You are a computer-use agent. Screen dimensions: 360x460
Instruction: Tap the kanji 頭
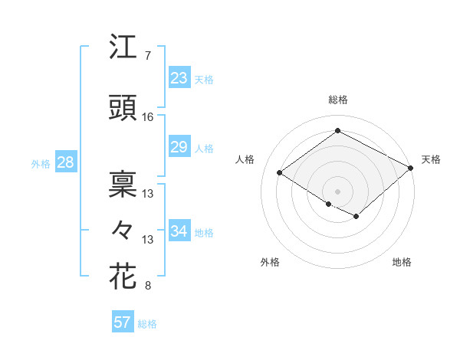123,110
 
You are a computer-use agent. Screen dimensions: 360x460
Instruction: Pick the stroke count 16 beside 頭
148,118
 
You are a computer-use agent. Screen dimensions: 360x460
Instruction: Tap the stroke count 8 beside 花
147,286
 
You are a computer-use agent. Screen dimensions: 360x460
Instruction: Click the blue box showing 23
179,77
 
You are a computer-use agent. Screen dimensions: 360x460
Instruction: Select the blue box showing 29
179,147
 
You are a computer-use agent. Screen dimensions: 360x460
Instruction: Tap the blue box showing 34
179,231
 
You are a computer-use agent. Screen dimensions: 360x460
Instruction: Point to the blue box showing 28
65,162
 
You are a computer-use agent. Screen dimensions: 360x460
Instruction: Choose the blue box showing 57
123,322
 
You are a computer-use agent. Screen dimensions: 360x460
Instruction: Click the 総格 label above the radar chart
337,100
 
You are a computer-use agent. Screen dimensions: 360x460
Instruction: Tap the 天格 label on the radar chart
431,159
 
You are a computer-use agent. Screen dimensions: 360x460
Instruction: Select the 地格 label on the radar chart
402,262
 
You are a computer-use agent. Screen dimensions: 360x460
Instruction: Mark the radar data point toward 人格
280,173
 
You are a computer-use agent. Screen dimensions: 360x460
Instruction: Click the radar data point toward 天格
411,168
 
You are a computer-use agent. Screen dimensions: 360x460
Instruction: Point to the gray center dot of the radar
337,191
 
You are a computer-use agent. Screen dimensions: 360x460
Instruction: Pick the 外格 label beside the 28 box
41,163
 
